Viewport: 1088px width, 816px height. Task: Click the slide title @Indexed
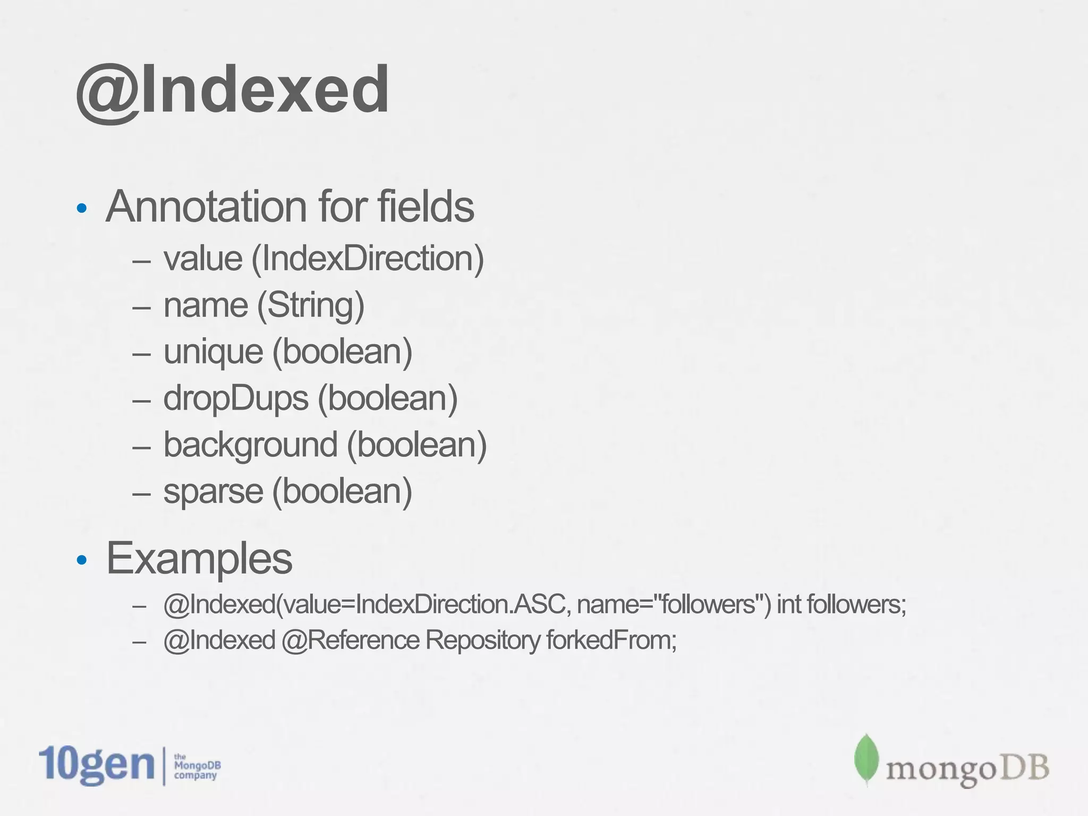click(232, 89)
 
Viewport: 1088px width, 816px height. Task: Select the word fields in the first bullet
click(426, 207)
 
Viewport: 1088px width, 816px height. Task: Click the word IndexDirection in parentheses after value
click(367, 259)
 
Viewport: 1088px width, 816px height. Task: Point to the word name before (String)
click(206, 305)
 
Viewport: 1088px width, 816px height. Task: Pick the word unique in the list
click(213, 352)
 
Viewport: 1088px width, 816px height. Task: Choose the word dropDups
click(235, 398)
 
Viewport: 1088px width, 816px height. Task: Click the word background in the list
click(250, 445)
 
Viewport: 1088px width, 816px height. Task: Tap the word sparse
click(213, 491)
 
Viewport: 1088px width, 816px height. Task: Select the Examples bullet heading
click(199, 558)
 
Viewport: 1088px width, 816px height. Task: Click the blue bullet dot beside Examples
click(81, 560)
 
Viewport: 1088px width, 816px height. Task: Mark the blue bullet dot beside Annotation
click(81, 208)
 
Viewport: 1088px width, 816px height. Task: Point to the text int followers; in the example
click(841, 605)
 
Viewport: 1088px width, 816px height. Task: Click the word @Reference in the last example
click(350, 640)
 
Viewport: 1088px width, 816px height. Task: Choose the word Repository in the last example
click(482, 640)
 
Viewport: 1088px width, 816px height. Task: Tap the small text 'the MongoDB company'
click(197, 766)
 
